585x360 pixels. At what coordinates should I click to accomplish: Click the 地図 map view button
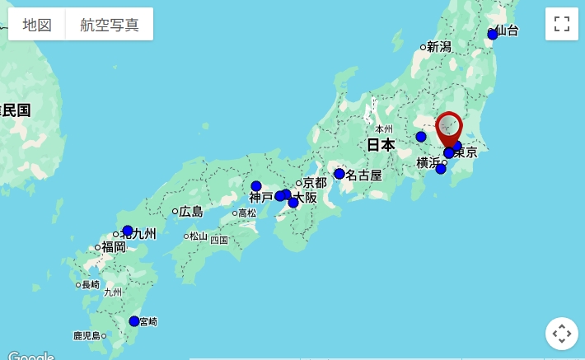(x=37, y=25)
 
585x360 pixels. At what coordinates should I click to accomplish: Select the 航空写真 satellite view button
(x=110, y=25)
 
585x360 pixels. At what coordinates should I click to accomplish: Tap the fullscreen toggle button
(x=562, y=24)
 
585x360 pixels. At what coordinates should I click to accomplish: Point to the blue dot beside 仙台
(x=493, y=35)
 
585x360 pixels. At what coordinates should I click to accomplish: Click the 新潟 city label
(x=439, y=47)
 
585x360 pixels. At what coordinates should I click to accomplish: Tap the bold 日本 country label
(x=381, y=145)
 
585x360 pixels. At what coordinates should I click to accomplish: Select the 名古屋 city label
(x=363, y=175)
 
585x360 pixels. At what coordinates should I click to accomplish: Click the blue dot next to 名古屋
(x=339, y=174)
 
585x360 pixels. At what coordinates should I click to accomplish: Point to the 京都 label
(x=315, y=182)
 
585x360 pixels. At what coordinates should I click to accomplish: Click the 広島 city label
(x=191, y=212)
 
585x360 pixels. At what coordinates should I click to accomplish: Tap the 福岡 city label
(x=114, y=246)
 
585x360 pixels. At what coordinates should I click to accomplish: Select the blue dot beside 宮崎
(x=134, y=320)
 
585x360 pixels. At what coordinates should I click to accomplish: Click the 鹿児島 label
(x=87, y=335)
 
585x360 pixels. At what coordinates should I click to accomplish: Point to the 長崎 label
(x=91, y=285)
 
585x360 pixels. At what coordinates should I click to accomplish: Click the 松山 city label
(x=199, y=236)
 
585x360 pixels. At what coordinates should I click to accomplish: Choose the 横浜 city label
(x=428, y=162)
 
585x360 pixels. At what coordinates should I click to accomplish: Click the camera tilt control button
(x=562, y=334)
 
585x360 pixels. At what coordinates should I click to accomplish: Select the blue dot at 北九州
(x=128, y=231)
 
